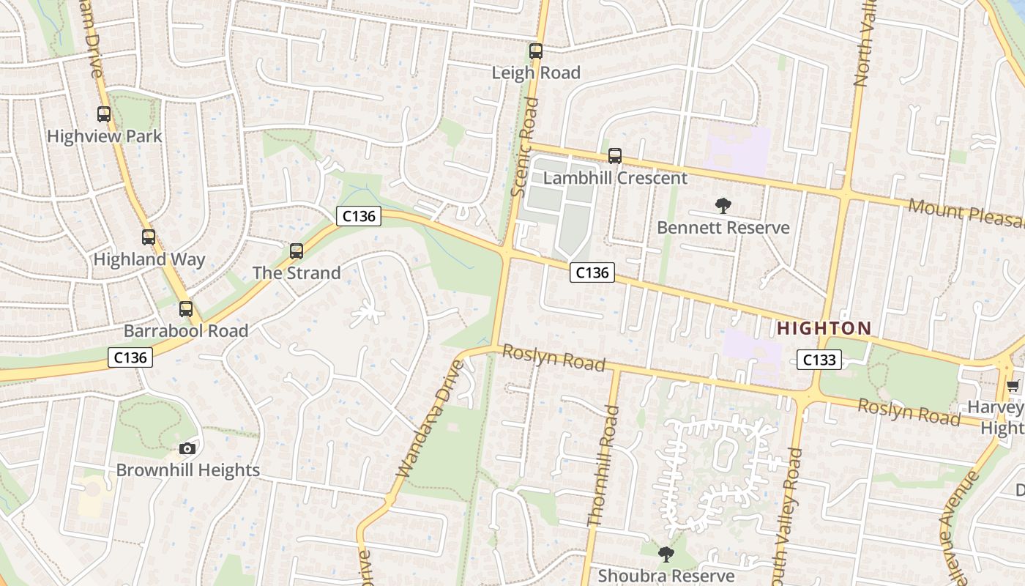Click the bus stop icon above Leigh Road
pyautogui.click(x=536, y=51)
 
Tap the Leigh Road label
pyautogui.click(x=536, y=73)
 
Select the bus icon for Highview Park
pyautogui.click(x=104, y=114)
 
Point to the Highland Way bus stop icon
pyautogui.click(x=149, y=237)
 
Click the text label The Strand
pyautogui.click(x=297, y=272)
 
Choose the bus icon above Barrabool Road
pyautogui.click(x=186, y=309)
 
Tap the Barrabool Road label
pyautogui.click(x=186, y=330)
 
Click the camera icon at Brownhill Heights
pyautogui.click(x=187, y=448)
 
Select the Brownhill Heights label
pyautogui.click(x=188, y=470)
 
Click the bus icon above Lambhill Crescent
pyautogui.click(x=615, y=156)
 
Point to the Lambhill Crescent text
pyautogui.click(x=615, y=178)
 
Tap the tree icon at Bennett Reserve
pyautogui.click(x=723, y=206)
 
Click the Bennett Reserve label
pyautogui.click(x=723, y=228)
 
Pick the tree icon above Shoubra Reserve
pyautogui.click(x=666, y=555)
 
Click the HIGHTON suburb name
pyautogui.click(x=824, y=328)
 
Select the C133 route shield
pyautogui.click(x=819, y=360)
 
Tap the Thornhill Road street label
pyautogui.click(x=603, y=466)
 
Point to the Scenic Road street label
pyautogui.click(x=525, y=147)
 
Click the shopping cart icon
pyautogui.click(x=1013, y=386)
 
